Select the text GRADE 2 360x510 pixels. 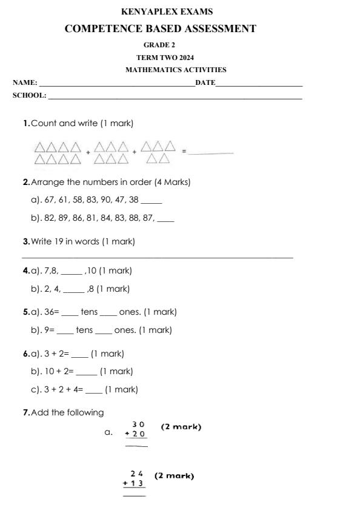159,45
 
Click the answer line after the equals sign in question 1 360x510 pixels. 210,152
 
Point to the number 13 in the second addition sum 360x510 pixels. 138,483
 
